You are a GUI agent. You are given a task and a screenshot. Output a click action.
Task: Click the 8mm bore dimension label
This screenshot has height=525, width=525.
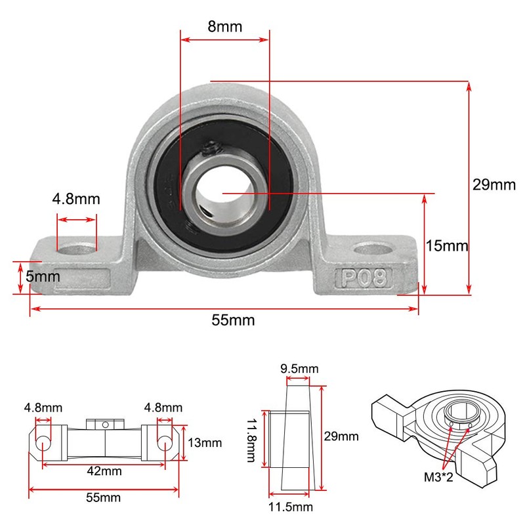click(224, 26)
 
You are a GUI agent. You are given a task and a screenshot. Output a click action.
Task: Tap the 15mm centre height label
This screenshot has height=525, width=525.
click(447, 245)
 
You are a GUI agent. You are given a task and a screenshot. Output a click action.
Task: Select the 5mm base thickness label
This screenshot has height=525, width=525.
click(43, 276)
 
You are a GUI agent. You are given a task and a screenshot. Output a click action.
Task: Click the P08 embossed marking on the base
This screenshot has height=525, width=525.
click(365, 278)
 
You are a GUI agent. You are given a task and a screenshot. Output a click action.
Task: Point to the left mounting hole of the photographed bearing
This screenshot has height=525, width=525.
click(77, 249)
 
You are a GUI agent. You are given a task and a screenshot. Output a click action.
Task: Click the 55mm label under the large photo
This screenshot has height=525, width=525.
click(233, 320)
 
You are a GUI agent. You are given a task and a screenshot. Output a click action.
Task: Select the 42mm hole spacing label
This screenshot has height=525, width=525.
click(104, 471)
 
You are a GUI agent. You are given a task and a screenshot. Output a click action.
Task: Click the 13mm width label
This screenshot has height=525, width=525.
click(205, 442)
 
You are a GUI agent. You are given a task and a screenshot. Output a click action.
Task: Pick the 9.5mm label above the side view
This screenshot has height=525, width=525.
click(299, 369)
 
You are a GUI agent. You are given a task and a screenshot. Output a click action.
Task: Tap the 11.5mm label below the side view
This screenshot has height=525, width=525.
click(291, 507)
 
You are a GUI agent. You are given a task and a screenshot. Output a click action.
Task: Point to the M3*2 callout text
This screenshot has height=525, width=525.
click(438, 477)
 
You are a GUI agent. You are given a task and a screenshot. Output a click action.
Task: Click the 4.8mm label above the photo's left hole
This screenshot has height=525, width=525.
click(76, 199)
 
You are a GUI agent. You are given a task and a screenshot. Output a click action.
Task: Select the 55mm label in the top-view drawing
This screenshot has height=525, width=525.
click(103, 497)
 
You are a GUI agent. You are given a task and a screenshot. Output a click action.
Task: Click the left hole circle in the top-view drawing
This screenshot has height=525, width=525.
click(43, 444)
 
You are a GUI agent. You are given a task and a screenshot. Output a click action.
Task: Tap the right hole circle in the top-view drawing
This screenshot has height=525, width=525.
click(165, 444)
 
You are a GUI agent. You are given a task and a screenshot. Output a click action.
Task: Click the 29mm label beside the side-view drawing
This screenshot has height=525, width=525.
click(341, 436)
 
